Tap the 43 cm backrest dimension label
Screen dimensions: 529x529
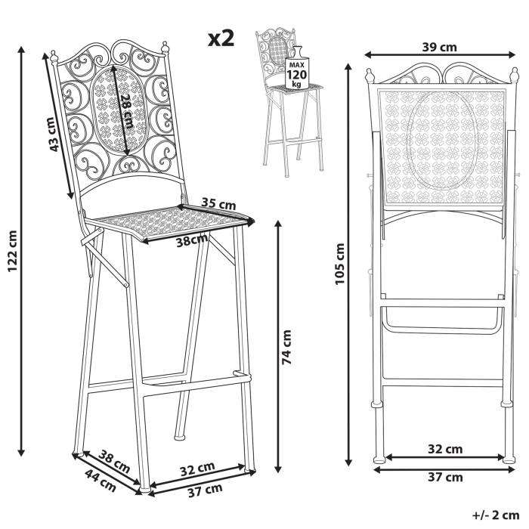[x=54, y=135]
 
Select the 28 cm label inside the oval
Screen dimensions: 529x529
[x=126, y=108]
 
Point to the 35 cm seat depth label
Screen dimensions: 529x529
[x=220, y=204]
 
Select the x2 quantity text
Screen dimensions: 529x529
[x=221, y=39]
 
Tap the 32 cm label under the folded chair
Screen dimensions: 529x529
[x=444, y=449]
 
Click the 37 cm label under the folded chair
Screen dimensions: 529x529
[x=444, y=477]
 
